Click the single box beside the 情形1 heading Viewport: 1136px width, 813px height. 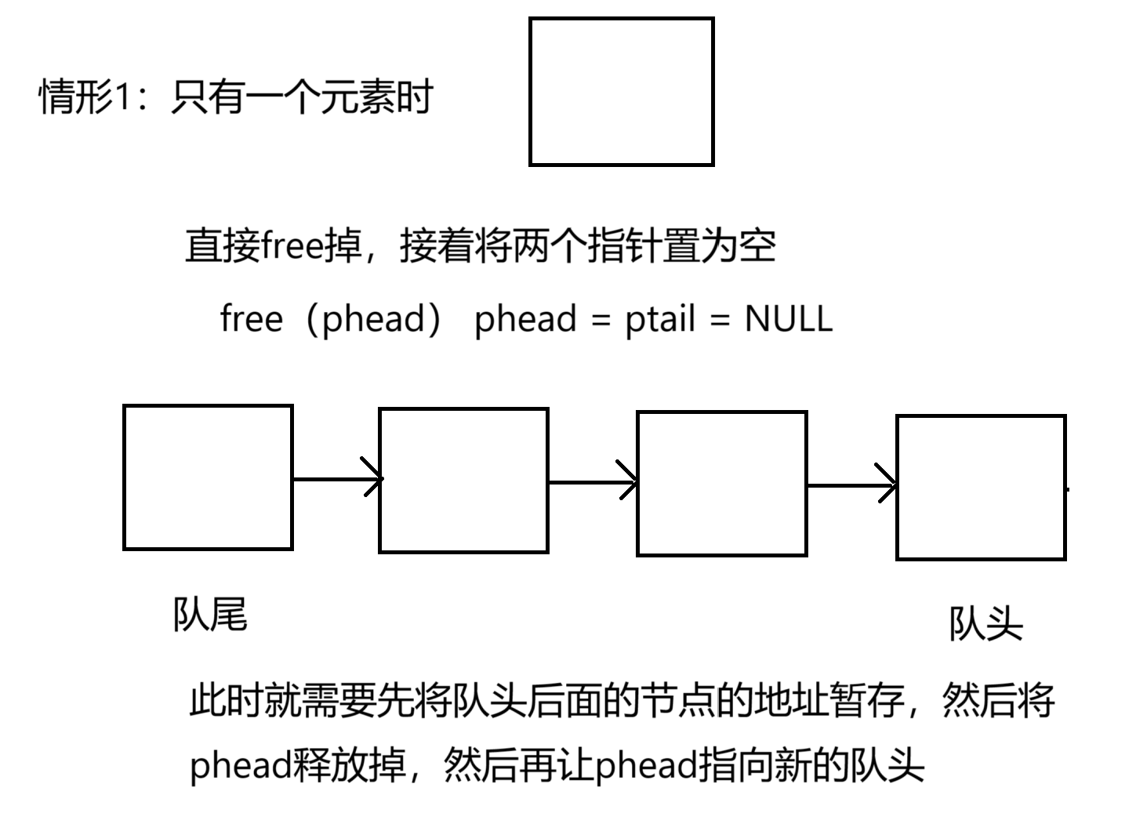[621, 92]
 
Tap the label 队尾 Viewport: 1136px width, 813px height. [210, 614]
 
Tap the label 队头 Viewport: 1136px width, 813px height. [985, 624]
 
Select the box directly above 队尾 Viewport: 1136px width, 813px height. [208, 477]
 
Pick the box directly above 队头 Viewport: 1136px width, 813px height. [981, 488]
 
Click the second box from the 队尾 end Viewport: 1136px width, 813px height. [463, 481]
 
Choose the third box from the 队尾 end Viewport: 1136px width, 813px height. [721, 484]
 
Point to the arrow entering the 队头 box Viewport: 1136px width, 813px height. [851, 485]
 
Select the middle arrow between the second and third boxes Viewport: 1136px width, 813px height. [593, 481]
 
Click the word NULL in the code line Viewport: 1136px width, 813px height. [788, 319]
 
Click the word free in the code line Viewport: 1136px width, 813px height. [251, 319]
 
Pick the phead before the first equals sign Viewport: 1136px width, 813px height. [525, 319]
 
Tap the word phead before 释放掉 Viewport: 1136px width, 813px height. [241, 764]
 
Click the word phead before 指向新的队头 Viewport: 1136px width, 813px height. [647, 764]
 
